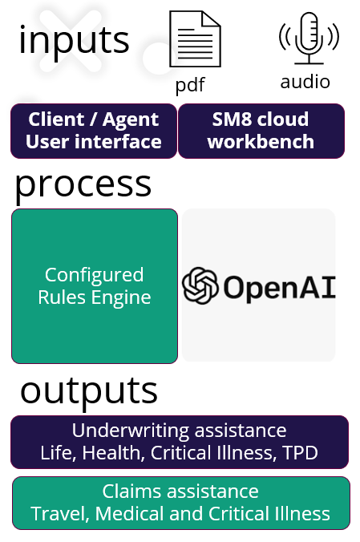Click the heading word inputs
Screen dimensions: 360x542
74,40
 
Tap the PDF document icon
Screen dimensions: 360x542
195,38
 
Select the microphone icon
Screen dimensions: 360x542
309,38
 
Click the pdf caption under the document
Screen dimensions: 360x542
190,85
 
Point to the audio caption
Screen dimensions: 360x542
305,82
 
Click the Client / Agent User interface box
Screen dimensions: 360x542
94,131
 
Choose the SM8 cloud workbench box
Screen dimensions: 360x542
261,131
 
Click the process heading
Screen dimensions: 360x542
83,185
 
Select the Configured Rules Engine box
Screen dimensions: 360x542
95,286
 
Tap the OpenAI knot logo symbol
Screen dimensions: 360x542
200,285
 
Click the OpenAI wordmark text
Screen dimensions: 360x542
280,287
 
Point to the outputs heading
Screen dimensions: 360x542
89,390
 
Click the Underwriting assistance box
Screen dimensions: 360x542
180,442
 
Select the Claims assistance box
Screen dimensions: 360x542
181,503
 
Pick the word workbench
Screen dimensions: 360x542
261,142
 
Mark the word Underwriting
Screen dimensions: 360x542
131,431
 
